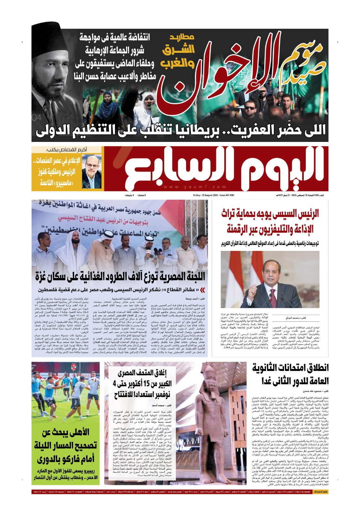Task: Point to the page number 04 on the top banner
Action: (36, 117)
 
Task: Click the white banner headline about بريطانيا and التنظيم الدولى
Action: (180, 130)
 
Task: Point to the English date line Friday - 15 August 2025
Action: (214, 195)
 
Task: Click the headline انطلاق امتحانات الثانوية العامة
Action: (290, 374)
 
